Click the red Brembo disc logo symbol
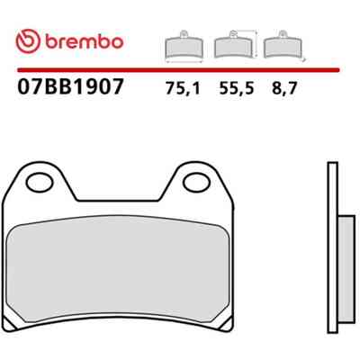pyautogui.click(x=28, y=41)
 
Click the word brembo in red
pyautogui.click(x=85, y=41)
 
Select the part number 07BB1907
pyautogui.click(x=70, y=86)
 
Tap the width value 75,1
pyautogui.click(x=183, y=88)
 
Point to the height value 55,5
pyautogui.click(x=237, y=88)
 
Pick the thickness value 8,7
pyautogui.click(x=284, y=88)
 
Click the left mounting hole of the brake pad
pyautogui.click(x=40, y=183)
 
